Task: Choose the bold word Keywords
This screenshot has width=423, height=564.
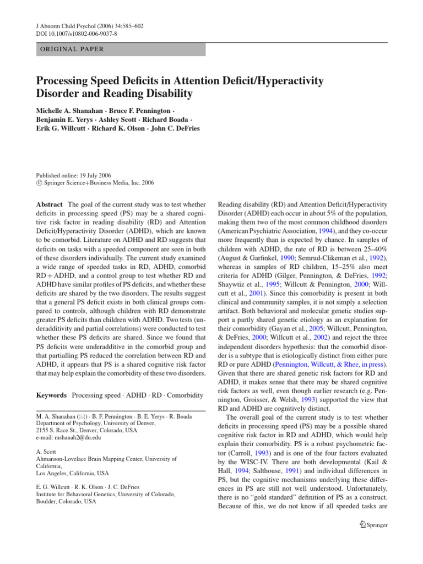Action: pyautogui.click(x=51, y=395)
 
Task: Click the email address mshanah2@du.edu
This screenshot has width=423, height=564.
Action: pyautogui.click(x=77, y=437)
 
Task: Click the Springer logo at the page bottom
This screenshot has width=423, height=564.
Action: pyautogui.click(x=373, y=525)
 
